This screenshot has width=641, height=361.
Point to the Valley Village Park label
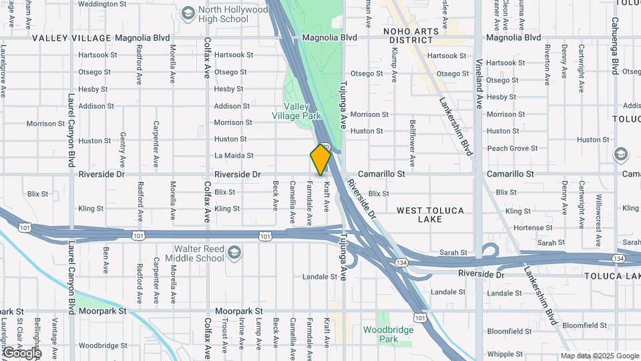coord(297,111)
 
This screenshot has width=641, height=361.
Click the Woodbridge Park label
coord(389,334)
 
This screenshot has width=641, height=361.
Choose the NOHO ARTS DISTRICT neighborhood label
coord(411,35)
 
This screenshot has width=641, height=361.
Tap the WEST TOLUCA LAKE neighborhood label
coord(430,215)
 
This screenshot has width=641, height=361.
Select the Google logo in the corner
coord(22,352)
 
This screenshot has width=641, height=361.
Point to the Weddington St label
coord(101,4)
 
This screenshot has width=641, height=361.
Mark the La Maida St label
coord(234,156)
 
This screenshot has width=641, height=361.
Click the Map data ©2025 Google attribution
coord(599,356)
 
